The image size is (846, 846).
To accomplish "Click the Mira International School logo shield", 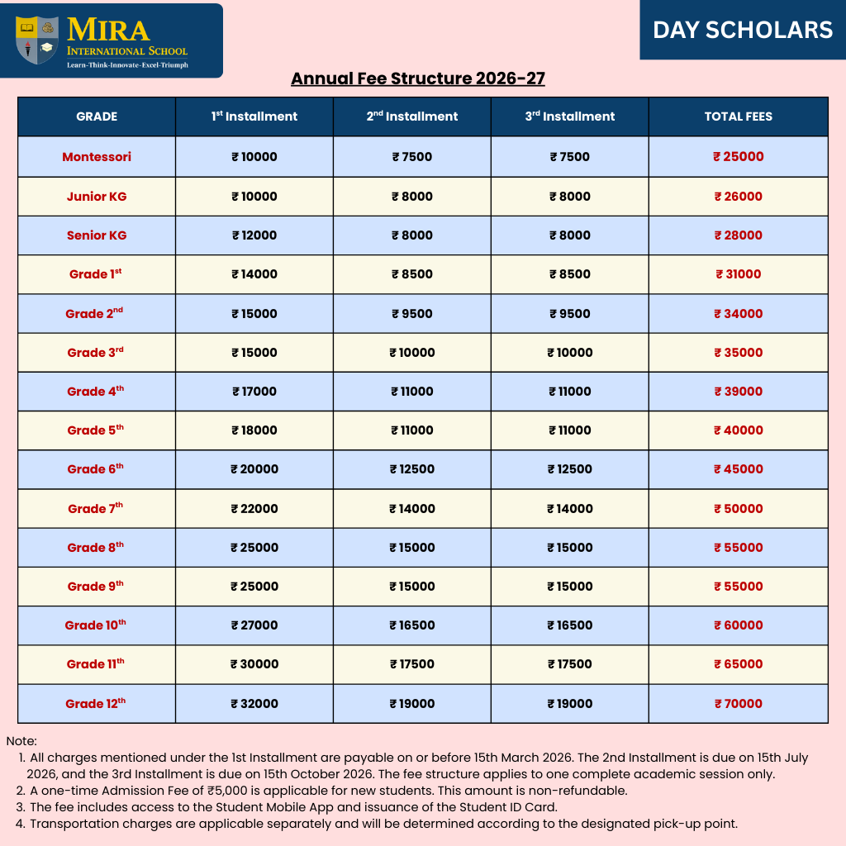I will click(38, 40).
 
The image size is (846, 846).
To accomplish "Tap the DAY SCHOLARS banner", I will click(743, 31).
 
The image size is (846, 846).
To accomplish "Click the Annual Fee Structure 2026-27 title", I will click(418, 78).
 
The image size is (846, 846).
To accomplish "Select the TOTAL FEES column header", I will click(738, 116).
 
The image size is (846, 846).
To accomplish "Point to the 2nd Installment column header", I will click(412, 116).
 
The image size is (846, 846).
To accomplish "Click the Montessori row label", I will click(97, 157).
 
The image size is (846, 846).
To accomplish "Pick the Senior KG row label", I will click(97, 235).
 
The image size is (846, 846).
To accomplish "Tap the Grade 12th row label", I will click(96, 704).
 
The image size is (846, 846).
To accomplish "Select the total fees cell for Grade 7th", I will click(738, 509).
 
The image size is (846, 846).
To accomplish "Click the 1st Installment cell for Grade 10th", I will click(254, 625).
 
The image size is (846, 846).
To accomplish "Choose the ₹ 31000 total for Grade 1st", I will click(738, 274).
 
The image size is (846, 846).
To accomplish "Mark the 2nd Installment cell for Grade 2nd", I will click(412, 314).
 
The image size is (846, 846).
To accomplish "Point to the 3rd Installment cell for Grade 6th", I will click(570, 469).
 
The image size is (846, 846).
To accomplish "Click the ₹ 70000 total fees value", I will click(738, 704).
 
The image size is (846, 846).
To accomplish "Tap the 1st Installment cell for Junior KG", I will click(254, 197).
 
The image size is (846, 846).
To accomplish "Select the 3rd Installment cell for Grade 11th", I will click(570, 664).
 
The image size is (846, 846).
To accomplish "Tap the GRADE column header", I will click(97, 116).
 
